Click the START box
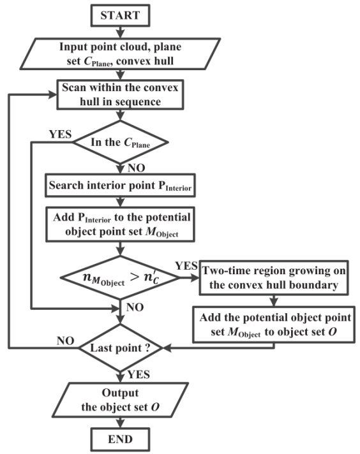click(x=120, y=15)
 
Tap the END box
click(x=120, y=439)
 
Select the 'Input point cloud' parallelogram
click(x=120, y=54)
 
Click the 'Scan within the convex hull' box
click(x=120, y=94)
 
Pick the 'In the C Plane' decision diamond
click(x=120, y=142)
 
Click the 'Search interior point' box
click(x=120, y=186)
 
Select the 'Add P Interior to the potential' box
click(x=120, y=224)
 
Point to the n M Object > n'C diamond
click(x=120, y=277)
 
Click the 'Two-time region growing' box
click(x=274, y=277)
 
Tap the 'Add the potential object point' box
click(x=274, y=325)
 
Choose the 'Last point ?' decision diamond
click(x=120, y=348)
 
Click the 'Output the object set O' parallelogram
click(x=120, y=400)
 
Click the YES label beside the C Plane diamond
click(x=60, y=135)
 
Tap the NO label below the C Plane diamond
click(x=136, y=168)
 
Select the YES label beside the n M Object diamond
click(x=186, y=265)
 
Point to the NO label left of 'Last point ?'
click(x=66, y=340)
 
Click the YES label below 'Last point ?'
click(x=139, y=374)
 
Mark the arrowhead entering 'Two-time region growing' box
click(x=195, y=277)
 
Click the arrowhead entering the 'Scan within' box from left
click(x=52, y=94)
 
